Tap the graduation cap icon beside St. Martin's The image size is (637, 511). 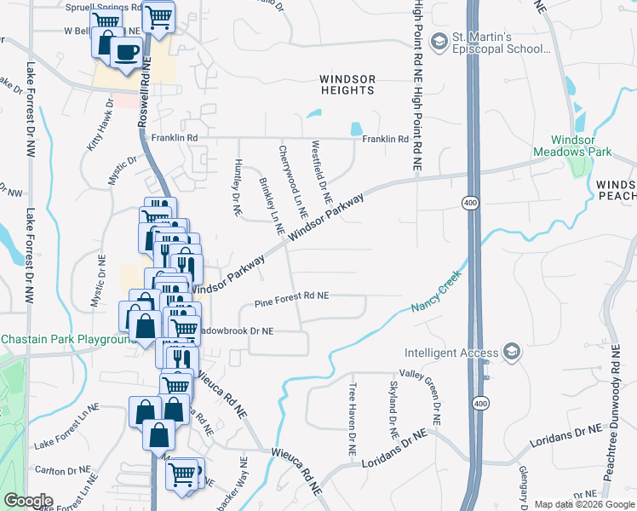pos(439,41)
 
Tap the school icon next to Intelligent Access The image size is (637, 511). pos(511,352)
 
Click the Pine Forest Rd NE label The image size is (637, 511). pos(292,296)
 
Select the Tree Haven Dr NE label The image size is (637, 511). pos(351,416)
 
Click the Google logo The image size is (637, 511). pos(28,501)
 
